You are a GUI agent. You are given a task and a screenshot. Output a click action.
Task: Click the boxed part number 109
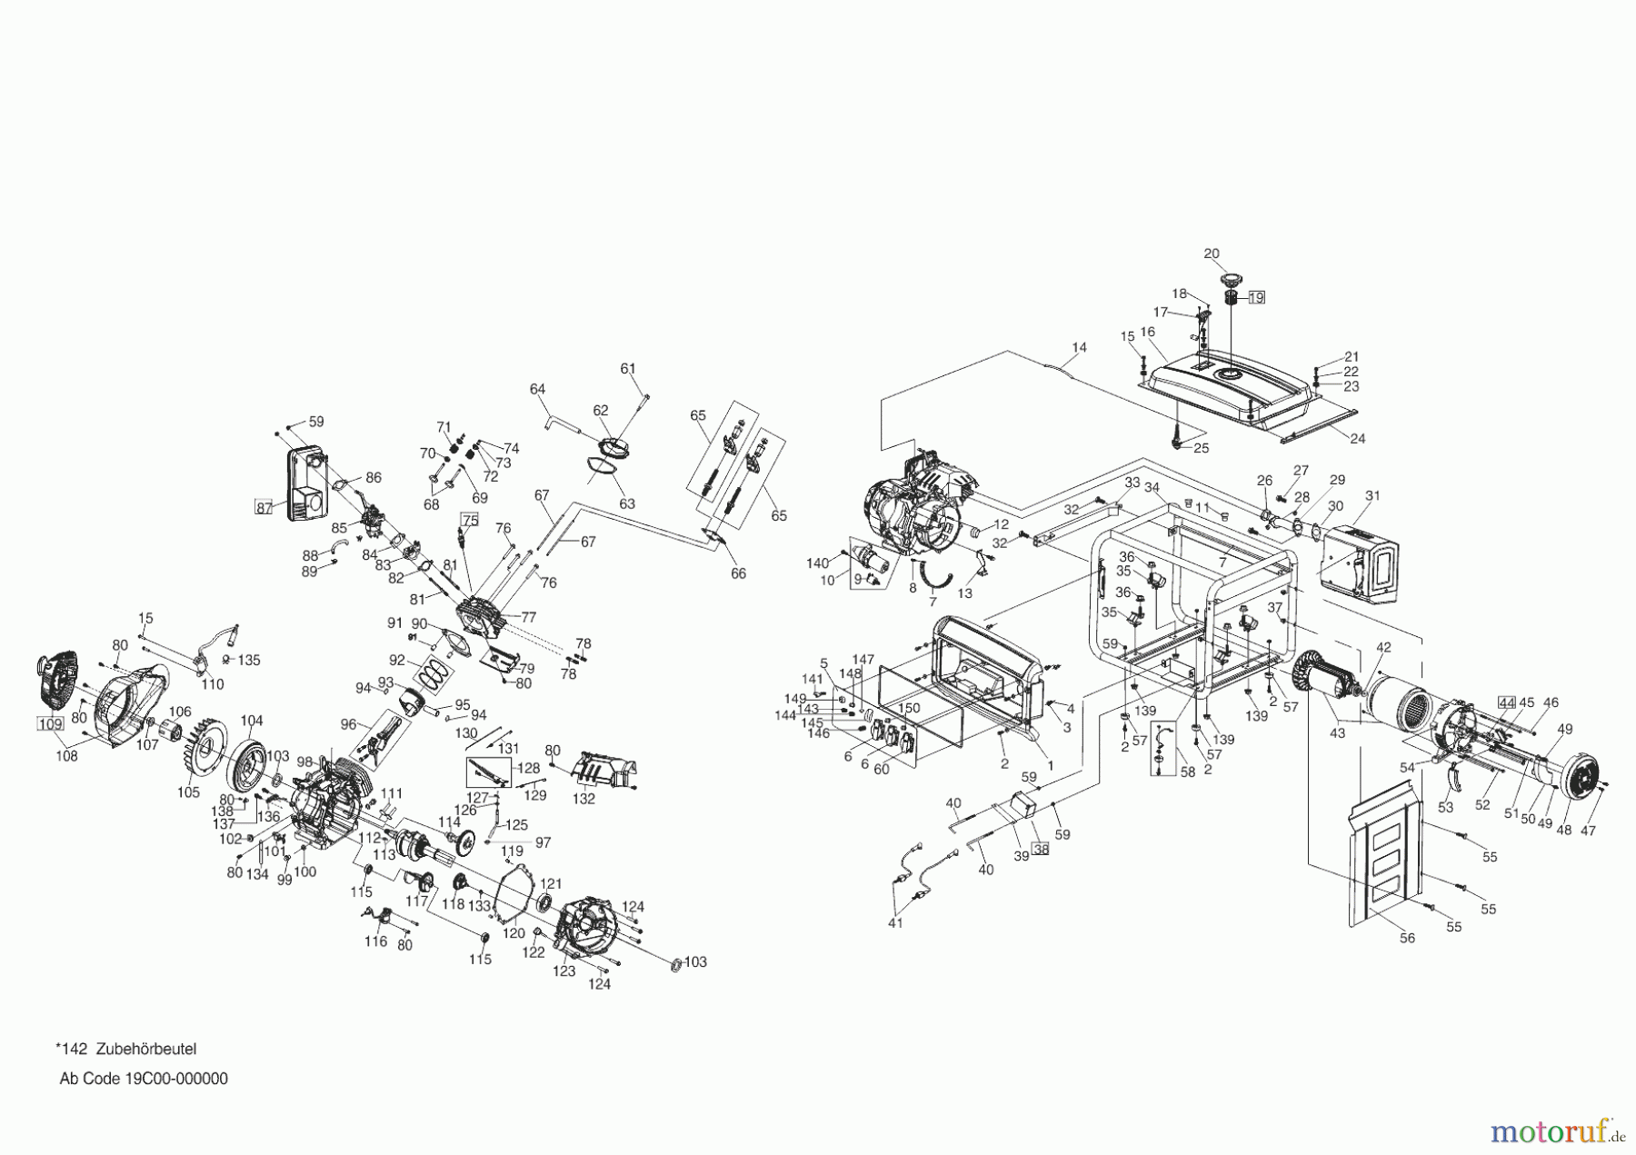tap(50, 723)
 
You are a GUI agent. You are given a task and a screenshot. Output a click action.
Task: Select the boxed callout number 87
tap(264, 508)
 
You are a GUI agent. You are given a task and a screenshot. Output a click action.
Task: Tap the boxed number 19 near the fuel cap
tap(1256, 297)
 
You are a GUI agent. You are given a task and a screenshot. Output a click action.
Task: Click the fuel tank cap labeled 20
tap(1233, 279)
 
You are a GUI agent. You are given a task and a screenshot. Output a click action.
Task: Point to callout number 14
tap(1079, 347)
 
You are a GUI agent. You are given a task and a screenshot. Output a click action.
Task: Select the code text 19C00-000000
tap(174, 1079)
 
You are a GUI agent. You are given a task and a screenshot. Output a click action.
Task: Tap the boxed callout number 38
tap(1041, 849)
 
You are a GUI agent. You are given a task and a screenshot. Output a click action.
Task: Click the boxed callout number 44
tap(1507, 702)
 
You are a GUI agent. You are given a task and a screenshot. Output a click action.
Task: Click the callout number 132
tap(584, 799)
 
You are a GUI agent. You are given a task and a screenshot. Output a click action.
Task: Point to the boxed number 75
tap(470, 520)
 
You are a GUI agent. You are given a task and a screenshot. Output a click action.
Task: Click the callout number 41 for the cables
tap(896, 924)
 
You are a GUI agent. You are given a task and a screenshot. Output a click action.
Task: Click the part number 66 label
tap(738, 573)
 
